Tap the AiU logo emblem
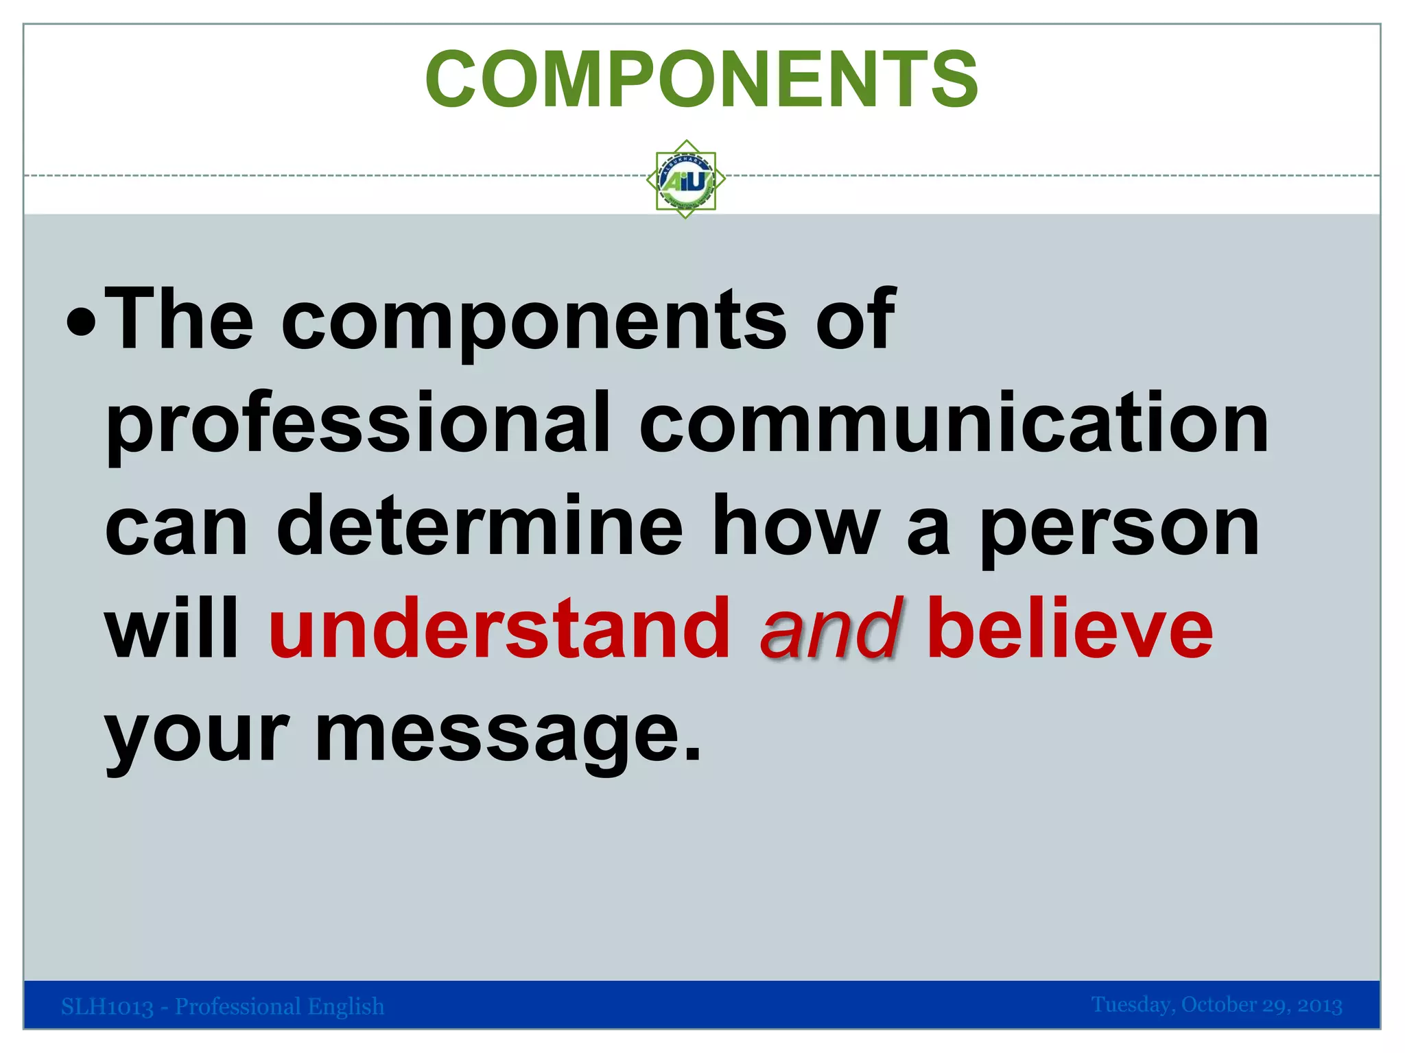[685, 180]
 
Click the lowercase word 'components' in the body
[534, 322]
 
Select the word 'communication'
[954, 423]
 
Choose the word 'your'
[197, 735]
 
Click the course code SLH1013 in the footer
[107, 1006]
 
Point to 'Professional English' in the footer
[279, 1006]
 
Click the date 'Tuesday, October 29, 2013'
[1216, 1005]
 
